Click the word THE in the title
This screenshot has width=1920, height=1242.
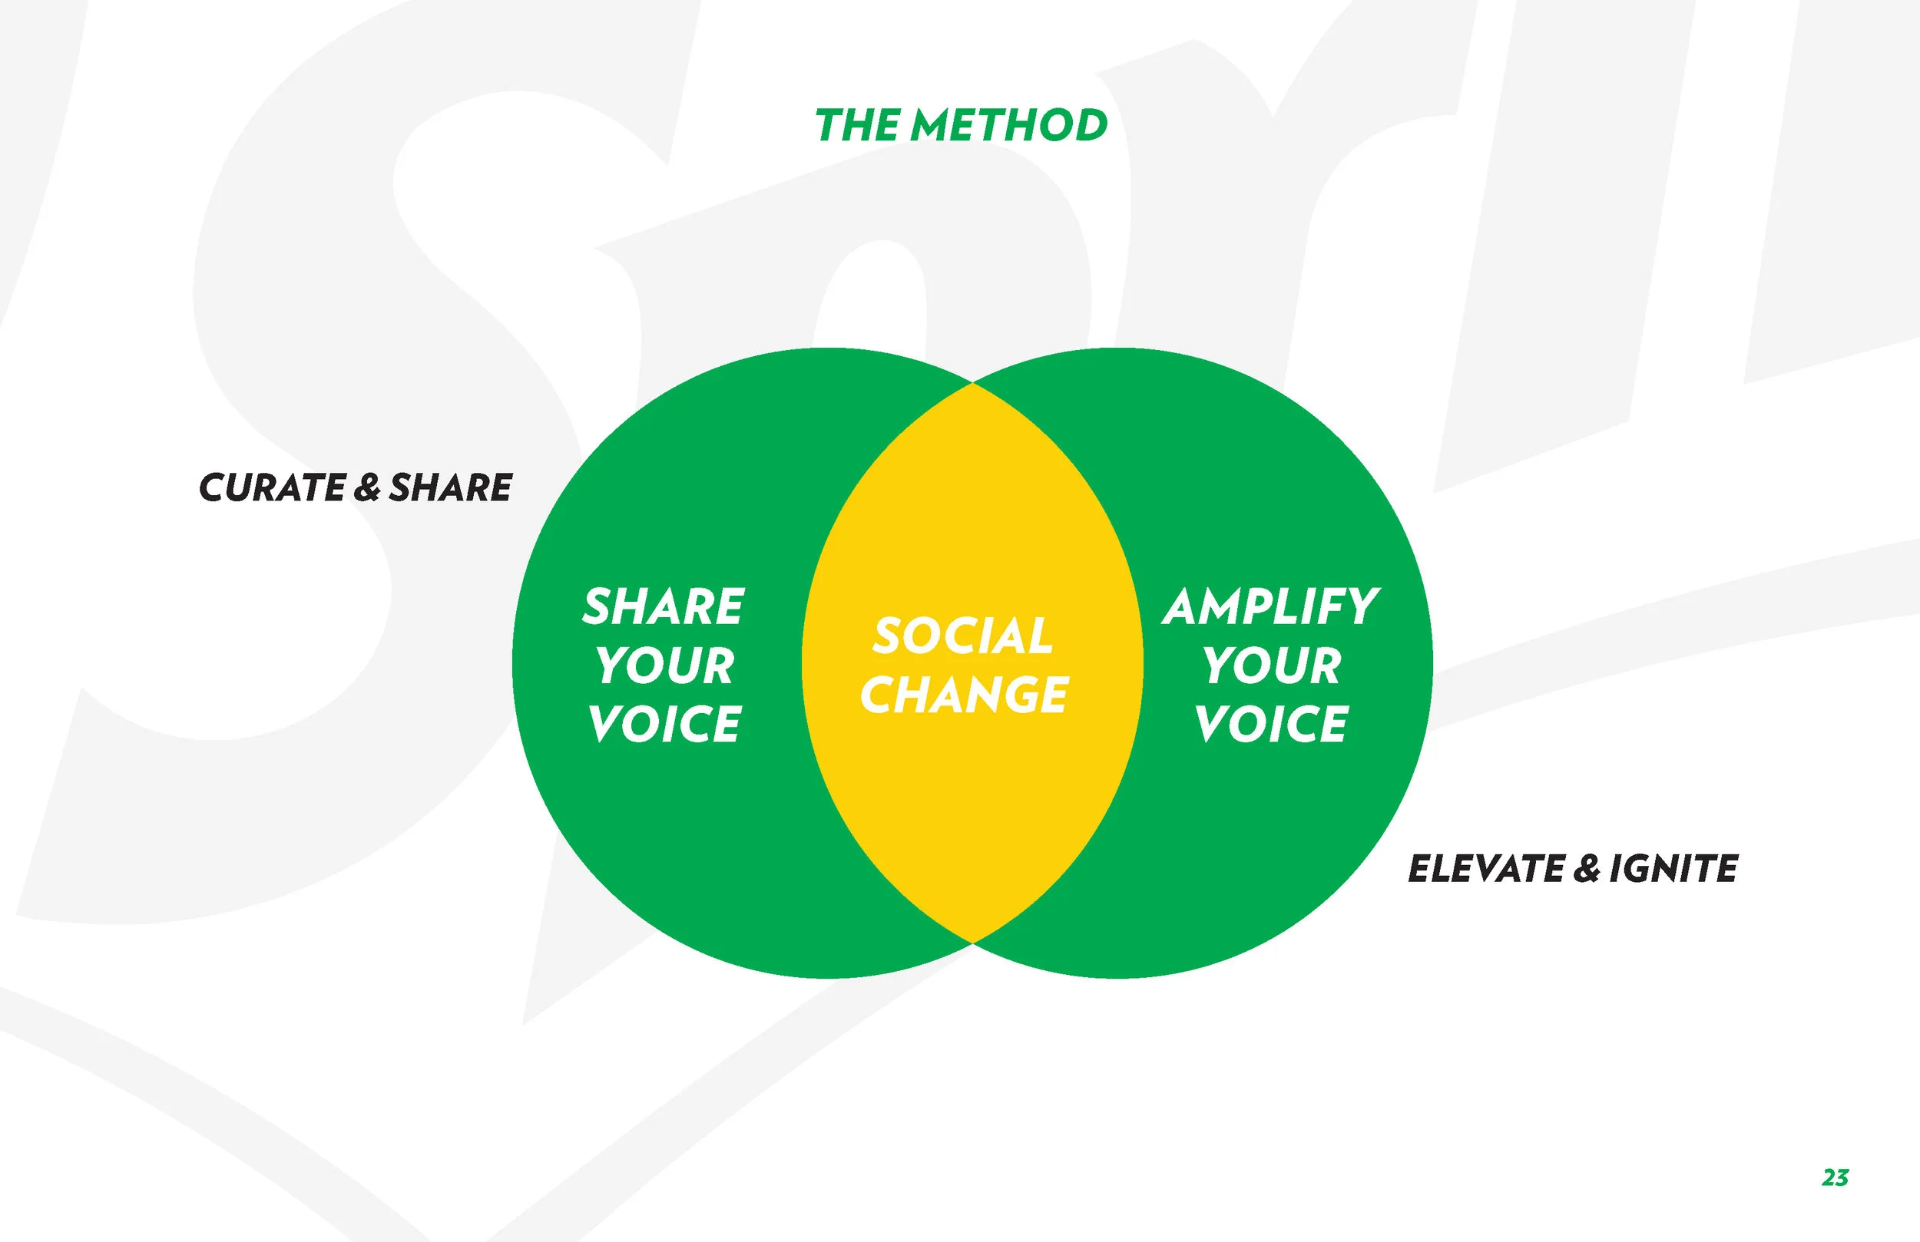(858, 127)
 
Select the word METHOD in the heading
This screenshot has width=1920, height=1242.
(1009, 127)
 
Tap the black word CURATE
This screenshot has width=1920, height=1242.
(273, 488)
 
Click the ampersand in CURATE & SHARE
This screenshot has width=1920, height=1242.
(367, 488)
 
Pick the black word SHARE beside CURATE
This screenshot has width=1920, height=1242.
(450, 488)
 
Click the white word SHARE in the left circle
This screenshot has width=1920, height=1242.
(663, 606)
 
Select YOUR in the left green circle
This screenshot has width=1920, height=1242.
(666, 666)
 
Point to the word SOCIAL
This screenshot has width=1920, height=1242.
(962, 636)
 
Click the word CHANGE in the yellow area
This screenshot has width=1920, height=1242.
(964, 695)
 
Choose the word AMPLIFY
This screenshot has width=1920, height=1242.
(1270, 606)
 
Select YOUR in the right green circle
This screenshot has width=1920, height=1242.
(1273, 666)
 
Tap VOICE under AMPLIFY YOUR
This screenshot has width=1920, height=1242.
(1271, 723)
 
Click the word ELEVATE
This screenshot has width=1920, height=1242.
(1486, 870)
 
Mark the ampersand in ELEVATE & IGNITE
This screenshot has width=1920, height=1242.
(1586, 870)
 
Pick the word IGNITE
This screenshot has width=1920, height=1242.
(1673, 870)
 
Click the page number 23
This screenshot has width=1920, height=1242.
(1835, 1178)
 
